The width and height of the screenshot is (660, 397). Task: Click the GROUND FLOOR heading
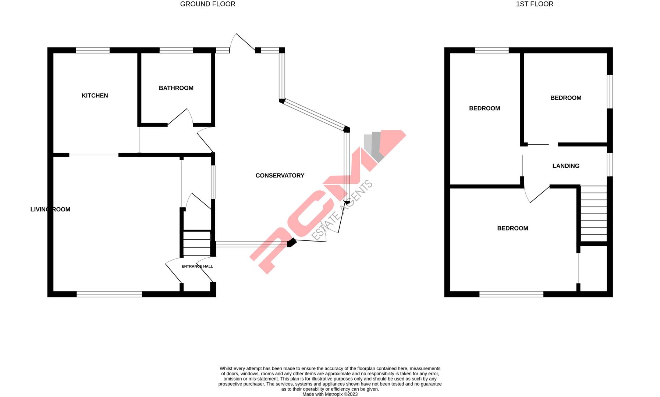pyautogui.click(x=207, y=4)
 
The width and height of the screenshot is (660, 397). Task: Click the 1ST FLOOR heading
pyautogui.click(x=534, y=4)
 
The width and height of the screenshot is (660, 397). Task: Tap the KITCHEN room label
pyautogui.click(x=95, y=96)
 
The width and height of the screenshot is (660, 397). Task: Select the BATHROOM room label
pyautogui.click(x=176, y=88)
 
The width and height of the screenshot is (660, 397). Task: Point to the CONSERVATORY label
pyautogui.click(x=280, y=176)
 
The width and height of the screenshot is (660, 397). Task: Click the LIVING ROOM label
pyautogui.click(x=50, y=210)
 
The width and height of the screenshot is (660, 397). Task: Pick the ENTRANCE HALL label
pyautogui.click(x=197, y=267)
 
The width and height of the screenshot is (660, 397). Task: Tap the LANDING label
pyautogui.click(x=565, y=166)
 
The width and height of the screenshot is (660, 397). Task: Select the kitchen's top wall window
pyautogui.click(x=93, y=51)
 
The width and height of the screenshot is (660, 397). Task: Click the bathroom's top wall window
pyautogui.click(x=176, y=51)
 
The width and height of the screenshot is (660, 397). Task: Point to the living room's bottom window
pyautogui.click(x=109, y=294)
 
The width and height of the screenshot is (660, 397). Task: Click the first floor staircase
pyautogui.click(x=593, y=214)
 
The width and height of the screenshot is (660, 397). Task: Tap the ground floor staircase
pyautogui.click(x=197, y=243)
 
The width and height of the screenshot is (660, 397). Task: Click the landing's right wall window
pyautogui.click(x=610, y=165)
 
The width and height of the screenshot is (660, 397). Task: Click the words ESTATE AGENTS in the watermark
pyautogui.click(x=342, y=210)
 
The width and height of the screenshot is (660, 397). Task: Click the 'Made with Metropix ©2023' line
pyautogui.click(x=330, y=394)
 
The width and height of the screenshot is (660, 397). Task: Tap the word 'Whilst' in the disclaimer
pyautogui.click(x=227, y=369)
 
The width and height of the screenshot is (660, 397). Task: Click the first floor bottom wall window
pyautogui.click(x=511, y=294)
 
